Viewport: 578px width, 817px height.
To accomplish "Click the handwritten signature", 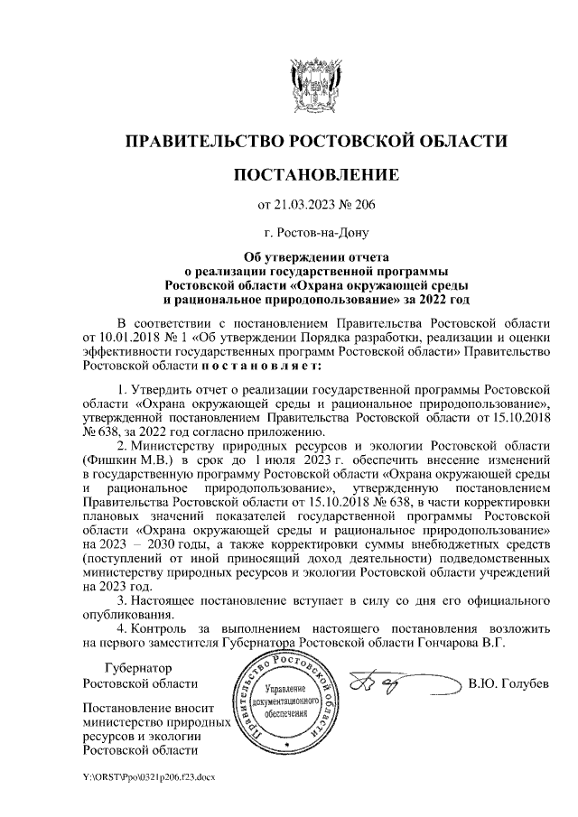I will (x=397, y=683).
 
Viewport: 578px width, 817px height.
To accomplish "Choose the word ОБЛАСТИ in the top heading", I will (x=455, y=142).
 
